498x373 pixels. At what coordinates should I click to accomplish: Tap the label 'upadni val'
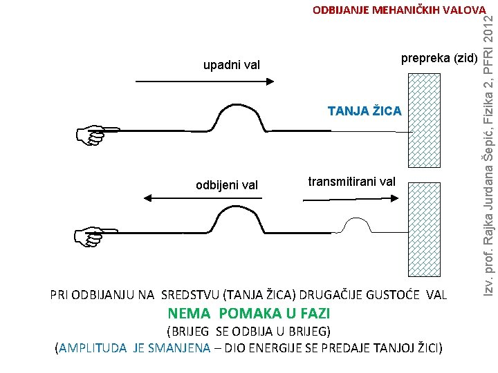tap(231, 66)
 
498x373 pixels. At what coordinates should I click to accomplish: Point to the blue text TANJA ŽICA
tap(365, 111)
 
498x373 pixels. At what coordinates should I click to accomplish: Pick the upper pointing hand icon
tap(100, 135)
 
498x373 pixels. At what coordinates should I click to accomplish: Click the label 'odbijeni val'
tap(227, 184)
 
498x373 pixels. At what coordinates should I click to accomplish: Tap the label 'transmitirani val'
tap(351, 182)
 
